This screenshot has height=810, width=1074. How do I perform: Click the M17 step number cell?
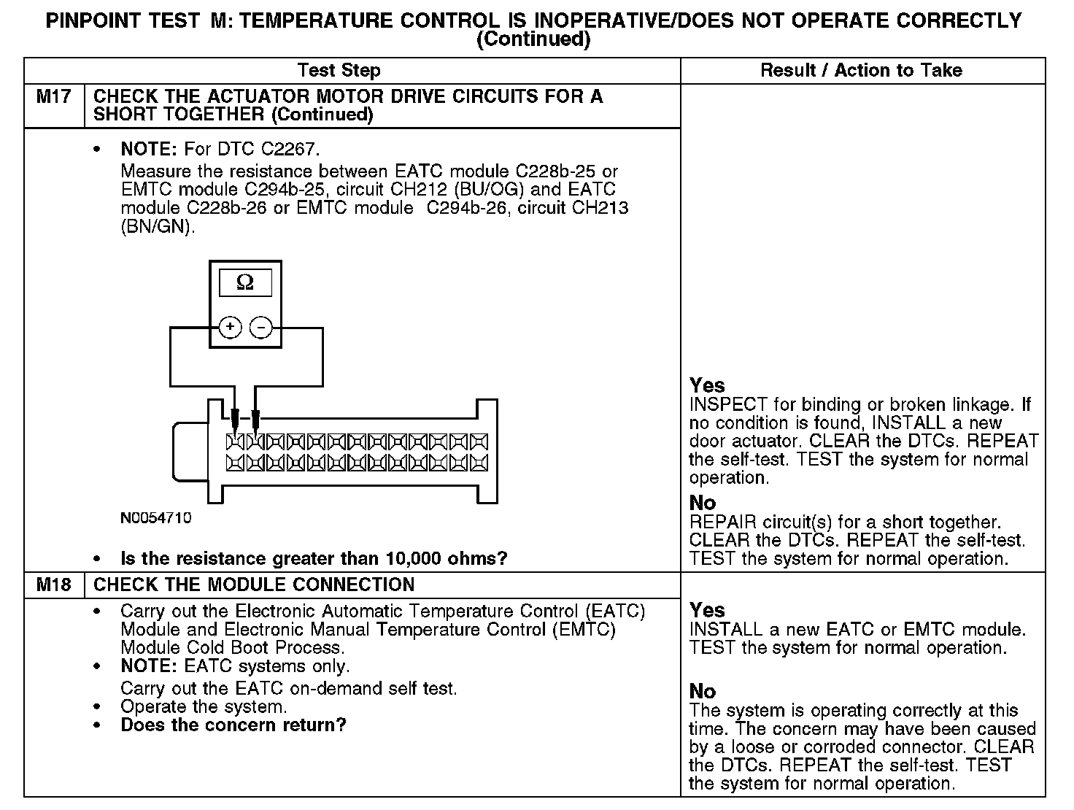tap(54, 97)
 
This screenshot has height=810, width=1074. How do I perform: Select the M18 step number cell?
tap(54, 585)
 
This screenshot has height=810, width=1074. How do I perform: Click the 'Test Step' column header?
tap(339, 71)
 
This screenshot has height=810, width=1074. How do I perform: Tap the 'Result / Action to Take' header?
tap(861, 71)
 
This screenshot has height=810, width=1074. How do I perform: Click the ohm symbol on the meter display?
tap(246, 283)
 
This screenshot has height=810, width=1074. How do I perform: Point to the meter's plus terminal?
tap(231, 328)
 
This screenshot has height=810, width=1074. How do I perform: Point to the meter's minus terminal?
tap(260, 328)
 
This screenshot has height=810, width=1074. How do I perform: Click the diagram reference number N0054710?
tap(156, 518)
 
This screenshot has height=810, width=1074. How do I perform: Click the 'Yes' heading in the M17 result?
tap(707, 385)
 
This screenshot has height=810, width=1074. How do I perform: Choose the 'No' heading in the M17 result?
tap(703, 503)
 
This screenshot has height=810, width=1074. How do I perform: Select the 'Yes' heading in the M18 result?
tap(707, 610)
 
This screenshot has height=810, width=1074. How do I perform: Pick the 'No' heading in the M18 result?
tap(703, 691)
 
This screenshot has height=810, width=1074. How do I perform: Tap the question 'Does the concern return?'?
tap(233, 725)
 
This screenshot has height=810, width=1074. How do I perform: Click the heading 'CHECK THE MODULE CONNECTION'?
tap(254, 585)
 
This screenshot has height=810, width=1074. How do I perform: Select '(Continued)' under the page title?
tap(533, 39)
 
